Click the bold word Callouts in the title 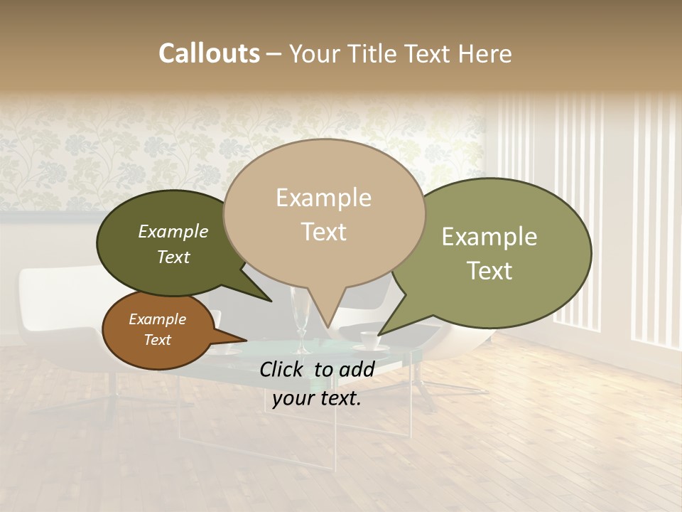[209, 53]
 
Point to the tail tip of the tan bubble [328, 328]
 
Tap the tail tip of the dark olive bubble [272, 302]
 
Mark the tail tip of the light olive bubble [378, 335]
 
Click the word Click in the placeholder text [283, 369]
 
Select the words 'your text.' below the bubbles [316, 398]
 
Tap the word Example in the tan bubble [323, 198]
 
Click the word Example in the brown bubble [157, 319]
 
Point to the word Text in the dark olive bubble [173, 257]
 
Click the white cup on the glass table [367, 341]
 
